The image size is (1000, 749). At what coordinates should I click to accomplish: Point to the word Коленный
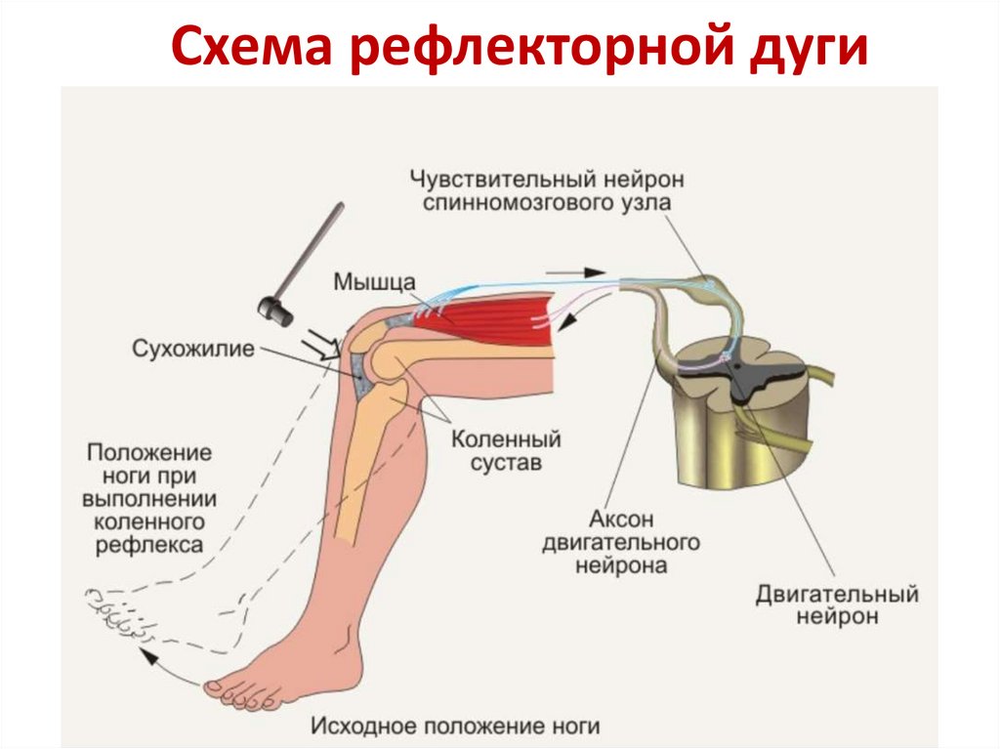click(506, 440)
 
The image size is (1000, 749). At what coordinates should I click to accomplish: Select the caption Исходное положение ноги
click(455, 726)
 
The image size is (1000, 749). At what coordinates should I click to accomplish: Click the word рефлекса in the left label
click(149, 544)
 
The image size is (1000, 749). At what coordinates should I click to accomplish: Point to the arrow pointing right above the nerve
click(576, 270)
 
